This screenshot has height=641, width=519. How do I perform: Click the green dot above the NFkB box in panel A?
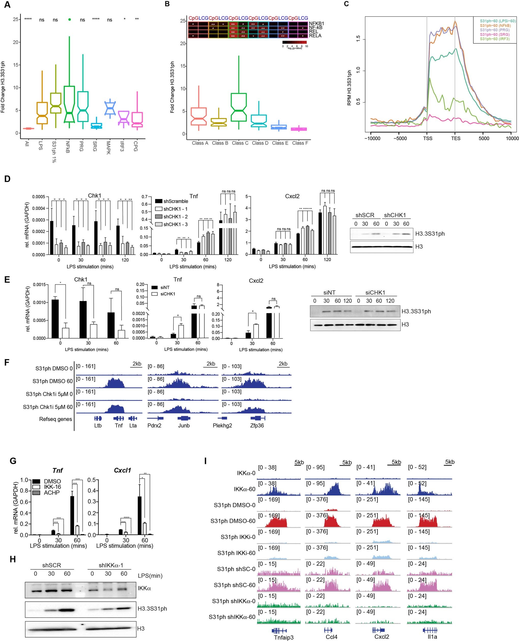[x=69, y=20]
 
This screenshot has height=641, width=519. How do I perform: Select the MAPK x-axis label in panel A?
[x=108, y=147]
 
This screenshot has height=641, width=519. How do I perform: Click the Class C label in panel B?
[x=240, y=143]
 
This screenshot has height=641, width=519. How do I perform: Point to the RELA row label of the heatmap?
[x=315, y=36]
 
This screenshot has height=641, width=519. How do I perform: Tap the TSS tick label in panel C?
[x=427, y=138]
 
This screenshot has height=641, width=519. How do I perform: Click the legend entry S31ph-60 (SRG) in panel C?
[x=495, y=34]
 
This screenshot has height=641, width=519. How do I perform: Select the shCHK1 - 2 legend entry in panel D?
[x=175, y=217]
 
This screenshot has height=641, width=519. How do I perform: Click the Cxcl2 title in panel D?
[x=292, y=197]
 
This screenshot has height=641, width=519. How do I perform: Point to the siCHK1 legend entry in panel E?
[x=167, y=294]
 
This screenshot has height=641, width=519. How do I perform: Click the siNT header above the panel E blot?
[x=329, y=293]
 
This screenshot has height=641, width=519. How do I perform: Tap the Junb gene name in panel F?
[x=184, y=426]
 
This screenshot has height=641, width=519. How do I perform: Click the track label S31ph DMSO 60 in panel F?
[x=53, y=381]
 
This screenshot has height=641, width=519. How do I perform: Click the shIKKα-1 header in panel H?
[x=111, y=565]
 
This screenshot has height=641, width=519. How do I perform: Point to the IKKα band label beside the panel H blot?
[x=144, y=588]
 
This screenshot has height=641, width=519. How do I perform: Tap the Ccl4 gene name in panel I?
[x=331, y=637]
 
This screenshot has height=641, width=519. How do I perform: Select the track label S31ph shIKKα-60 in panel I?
[x=232, y=617]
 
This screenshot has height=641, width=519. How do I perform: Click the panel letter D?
[x=7, y=179]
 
